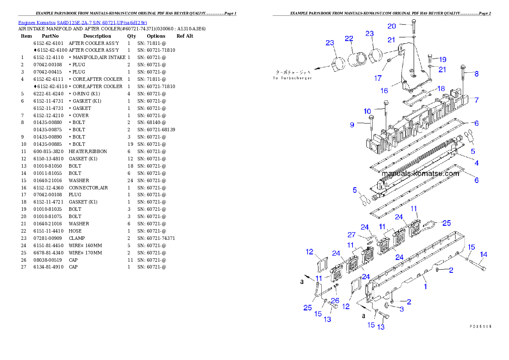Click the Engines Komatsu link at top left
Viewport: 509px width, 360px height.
[82, 22]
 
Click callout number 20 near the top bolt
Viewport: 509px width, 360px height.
[392, 26]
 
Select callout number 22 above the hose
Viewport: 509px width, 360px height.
[349, 39]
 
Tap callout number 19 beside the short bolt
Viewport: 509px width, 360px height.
[442, 59]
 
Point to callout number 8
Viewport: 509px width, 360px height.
[476, 74]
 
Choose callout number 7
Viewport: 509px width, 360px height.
[476, 100]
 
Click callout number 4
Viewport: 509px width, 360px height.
[476, 163]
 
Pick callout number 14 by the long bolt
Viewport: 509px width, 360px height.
[483, 255]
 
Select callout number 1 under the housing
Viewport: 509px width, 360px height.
[425, 286]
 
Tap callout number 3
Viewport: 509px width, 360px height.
[401, 309]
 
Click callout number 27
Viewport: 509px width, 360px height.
[351, 235]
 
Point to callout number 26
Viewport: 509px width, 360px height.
[335, 301]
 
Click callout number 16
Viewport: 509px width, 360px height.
[384, 91]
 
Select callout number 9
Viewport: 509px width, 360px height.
[352, 125]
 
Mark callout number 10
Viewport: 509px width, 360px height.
[367, 111]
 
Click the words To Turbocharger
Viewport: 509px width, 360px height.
[293, 78]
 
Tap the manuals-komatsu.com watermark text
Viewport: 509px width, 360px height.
[420, 174]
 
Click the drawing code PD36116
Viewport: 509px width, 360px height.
[480, 326]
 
